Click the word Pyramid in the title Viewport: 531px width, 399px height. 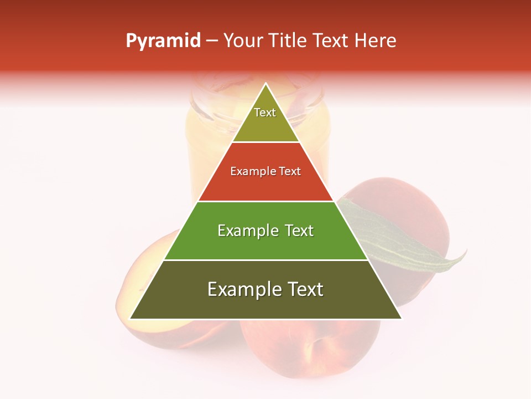pos(163,41)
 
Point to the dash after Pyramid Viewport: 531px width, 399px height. pos(211,41)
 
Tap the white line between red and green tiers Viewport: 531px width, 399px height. pos(265,201)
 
